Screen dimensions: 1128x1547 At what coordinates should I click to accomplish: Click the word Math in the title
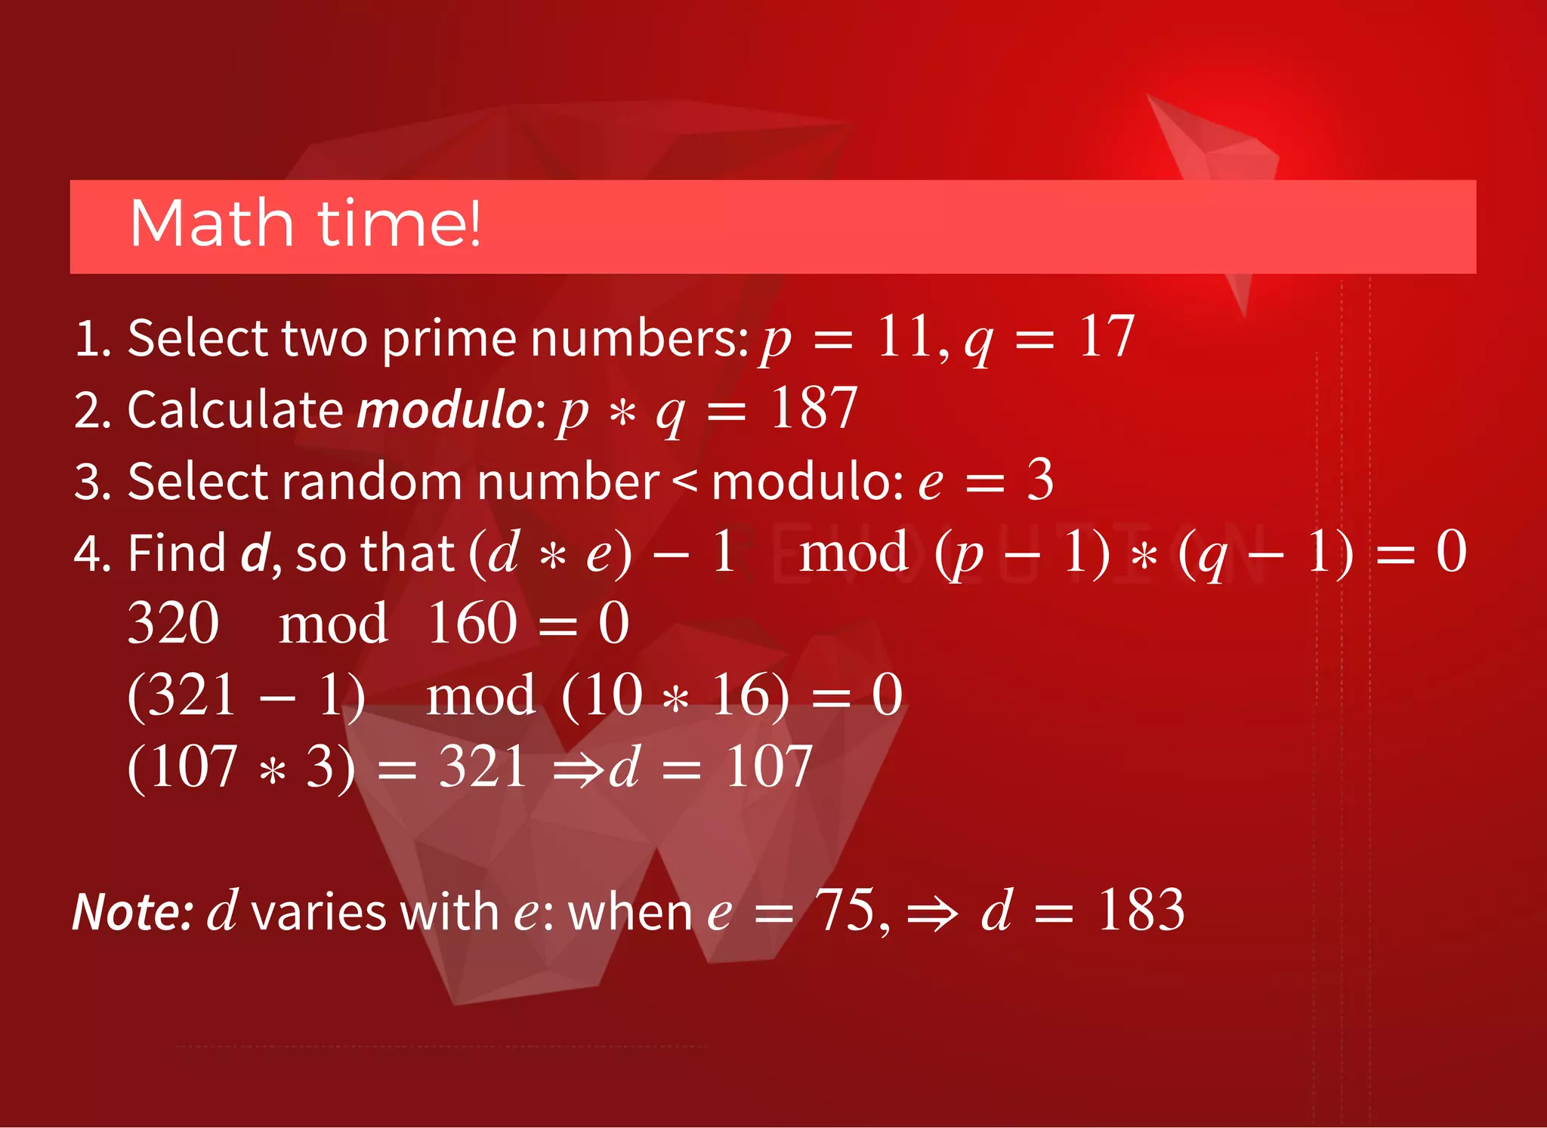click(212, 223)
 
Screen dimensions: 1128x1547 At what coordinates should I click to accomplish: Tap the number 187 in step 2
click(814, 408)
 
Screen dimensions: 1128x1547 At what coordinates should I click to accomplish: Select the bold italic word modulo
click(445, 410)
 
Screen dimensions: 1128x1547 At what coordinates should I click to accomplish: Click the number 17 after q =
click(1106, 337)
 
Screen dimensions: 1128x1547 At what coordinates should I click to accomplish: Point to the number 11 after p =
click(903, 337)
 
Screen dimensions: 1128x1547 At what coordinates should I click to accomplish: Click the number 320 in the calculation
click(173, 624)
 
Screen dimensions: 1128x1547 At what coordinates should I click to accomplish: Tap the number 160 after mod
click(472, 624)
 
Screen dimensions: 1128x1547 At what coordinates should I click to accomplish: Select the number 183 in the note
click(1141, 910)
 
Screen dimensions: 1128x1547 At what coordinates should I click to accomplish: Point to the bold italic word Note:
click(134, 911)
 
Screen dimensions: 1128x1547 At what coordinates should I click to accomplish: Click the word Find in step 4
click(176, 553)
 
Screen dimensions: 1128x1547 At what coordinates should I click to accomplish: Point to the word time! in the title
click(399, 223)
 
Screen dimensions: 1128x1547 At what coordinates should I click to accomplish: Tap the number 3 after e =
click(1040, 480)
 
